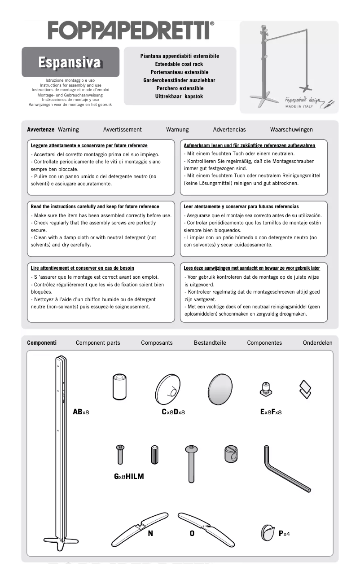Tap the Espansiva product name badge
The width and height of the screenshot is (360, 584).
click(x=70, y=62)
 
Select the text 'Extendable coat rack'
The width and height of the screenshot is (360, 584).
click(x=179, y=64)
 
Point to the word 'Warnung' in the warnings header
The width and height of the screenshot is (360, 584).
click(x=177, y=130)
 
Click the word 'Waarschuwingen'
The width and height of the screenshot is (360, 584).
click(x=291, y=130)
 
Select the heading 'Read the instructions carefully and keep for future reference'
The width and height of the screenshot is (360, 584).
click(x=95, y=207)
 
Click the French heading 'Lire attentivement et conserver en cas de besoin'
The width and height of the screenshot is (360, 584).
click(x=82, y=268)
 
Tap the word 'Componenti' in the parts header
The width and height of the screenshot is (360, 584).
click(x=42, y=343)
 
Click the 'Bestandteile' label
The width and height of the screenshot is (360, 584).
click(x=210, y=343)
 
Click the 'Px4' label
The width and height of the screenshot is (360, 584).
click(x=284, y=534)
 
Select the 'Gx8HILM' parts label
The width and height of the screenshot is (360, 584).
click(x=129, y=477)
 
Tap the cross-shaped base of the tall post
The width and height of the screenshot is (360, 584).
click(x=61, y=542)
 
